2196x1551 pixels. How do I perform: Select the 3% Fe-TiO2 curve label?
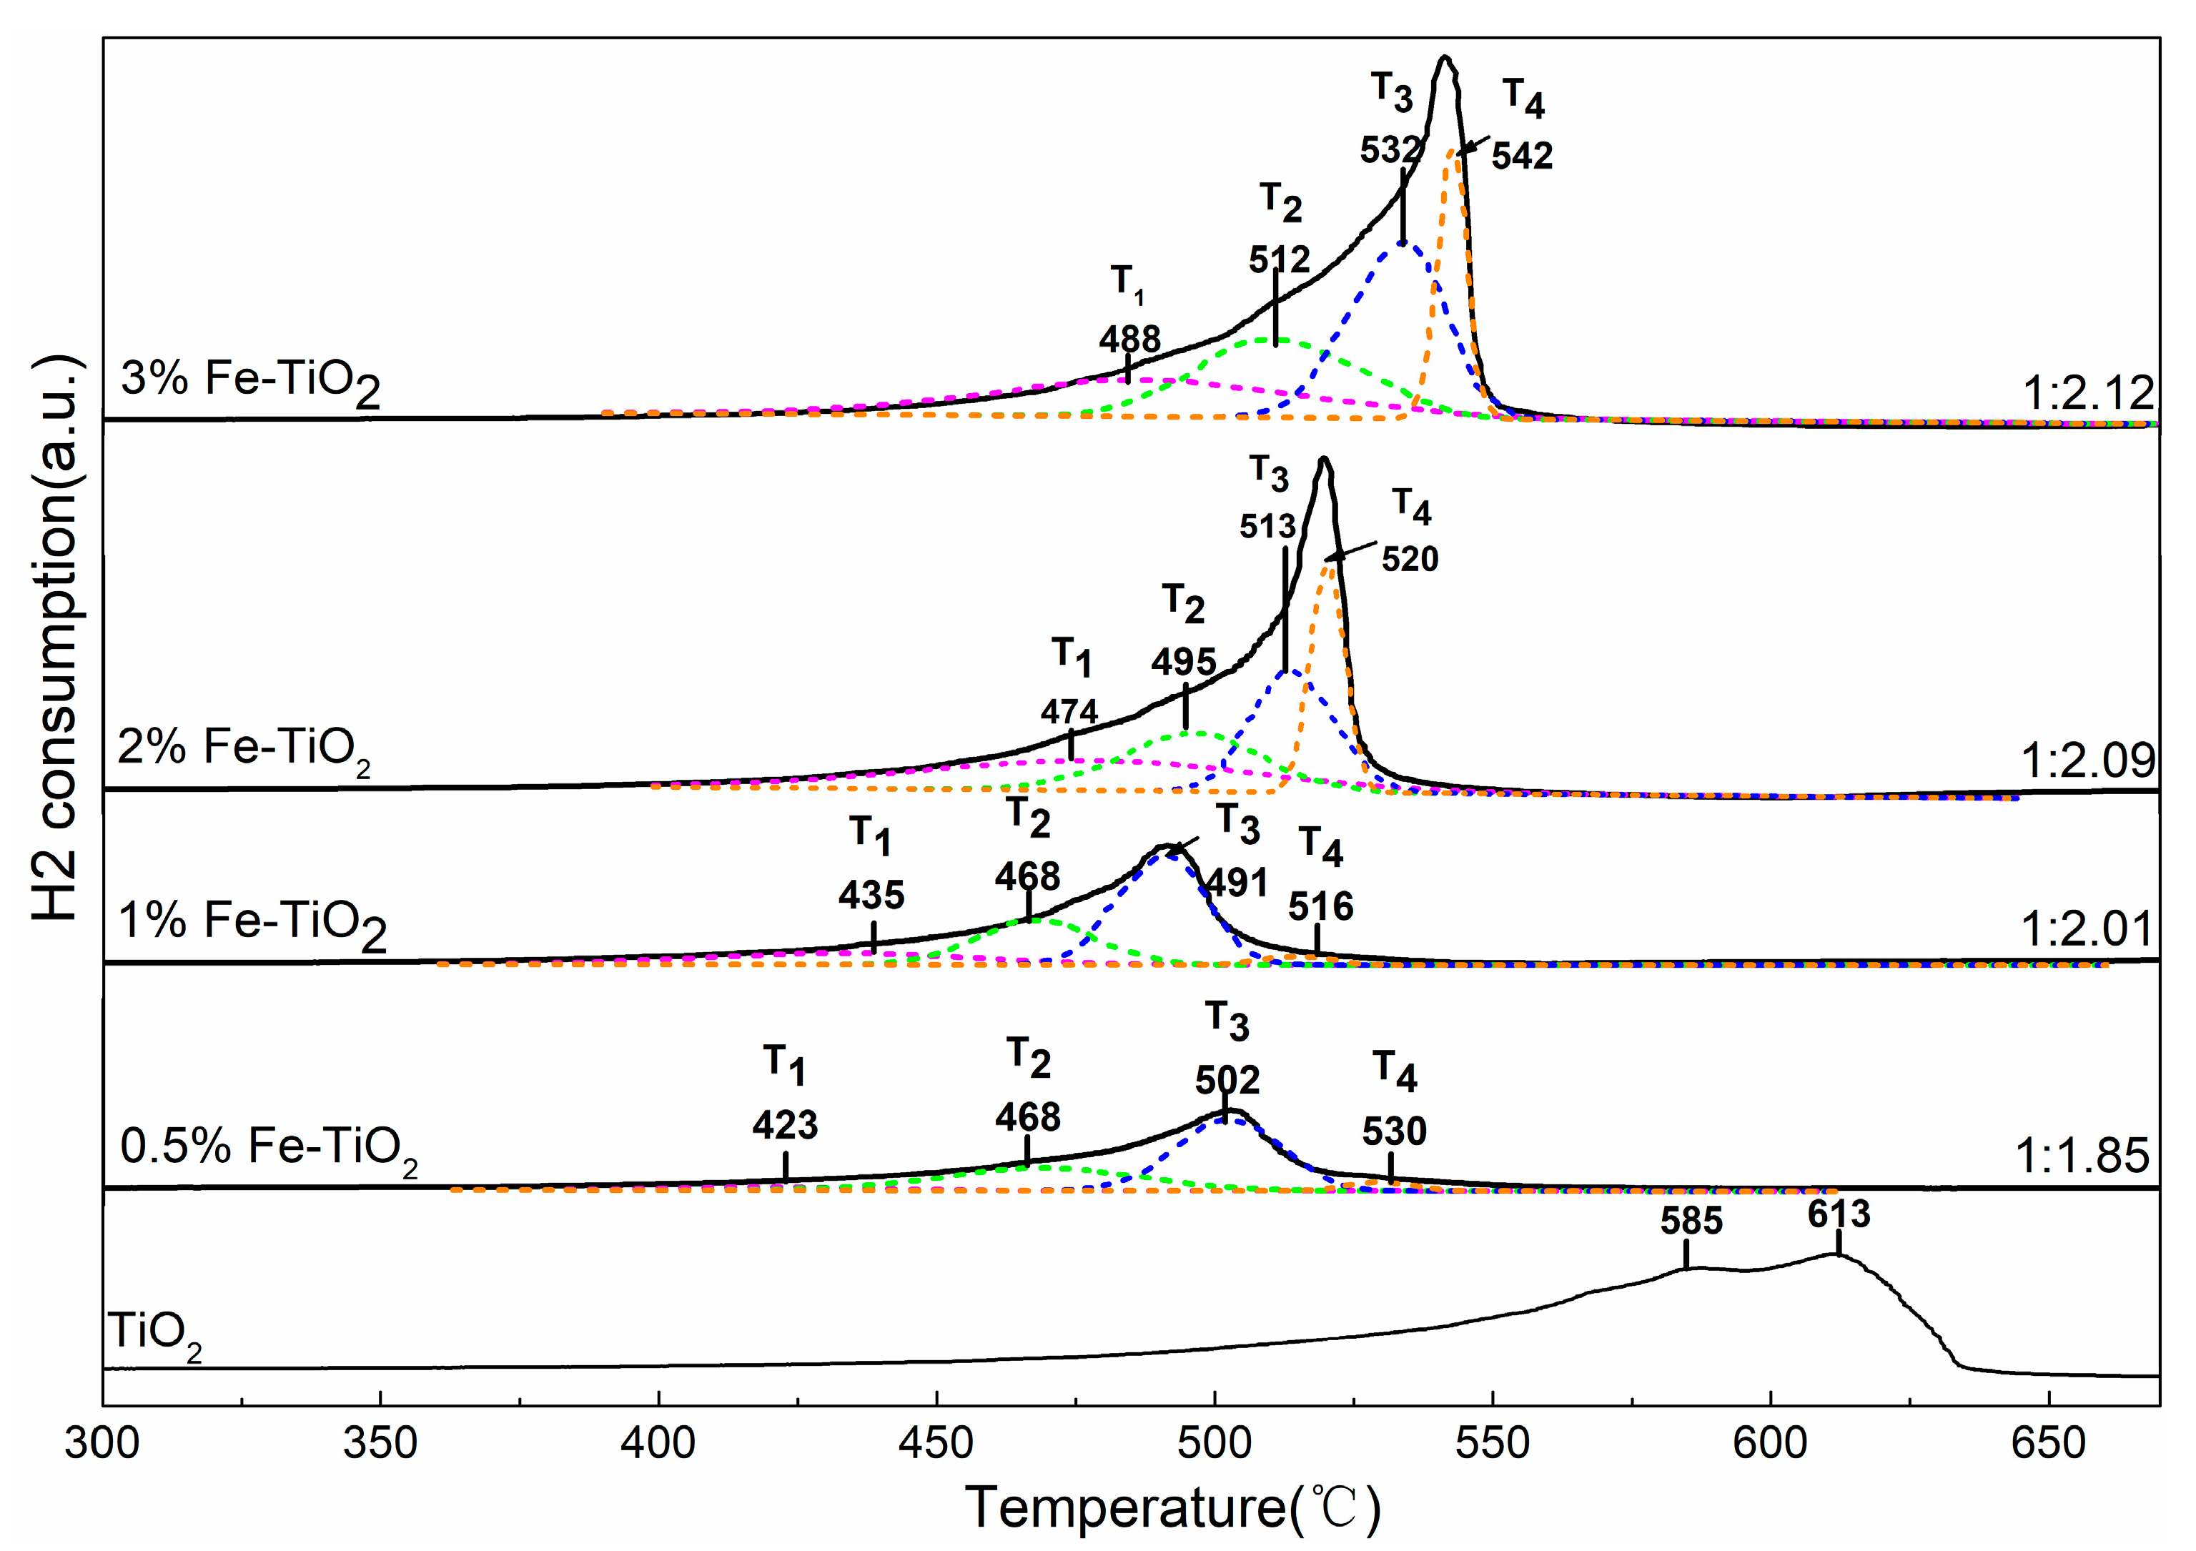[x=251, y=380]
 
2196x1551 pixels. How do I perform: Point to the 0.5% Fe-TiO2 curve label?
[x=269, y=1147]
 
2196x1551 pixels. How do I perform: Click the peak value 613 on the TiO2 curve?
[x=1839, y=1214]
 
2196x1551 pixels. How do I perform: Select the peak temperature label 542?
[x=1522, y=156]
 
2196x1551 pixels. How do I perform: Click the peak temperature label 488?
[x=1129, y=340]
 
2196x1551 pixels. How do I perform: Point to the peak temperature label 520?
[x=1410, y=558]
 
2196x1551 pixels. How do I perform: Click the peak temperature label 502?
[x=1227, y=1081]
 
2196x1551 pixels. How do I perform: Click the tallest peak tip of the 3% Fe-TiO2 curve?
[x=1445, y=59]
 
